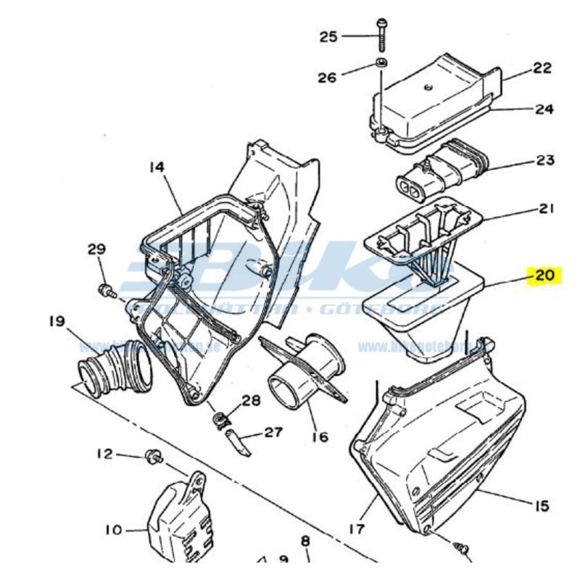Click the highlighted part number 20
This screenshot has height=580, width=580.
point(544,275)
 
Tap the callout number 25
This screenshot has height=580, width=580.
point(329,36)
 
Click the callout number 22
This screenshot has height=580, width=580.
point(542,69)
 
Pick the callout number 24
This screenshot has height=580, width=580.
point(544,110)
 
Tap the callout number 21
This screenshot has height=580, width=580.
point(545,209)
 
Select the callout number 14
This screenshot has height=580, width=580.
point(157,167)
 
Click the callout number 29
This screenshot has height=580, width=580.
point(97,249)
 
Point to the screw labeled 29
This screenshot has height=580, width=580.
point(106,291)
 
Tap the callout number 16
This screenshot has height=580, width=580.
point(319,436)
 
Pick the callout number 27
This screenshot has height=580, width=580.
point(273,433)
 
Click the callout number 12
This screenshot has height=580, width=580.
point(105,454)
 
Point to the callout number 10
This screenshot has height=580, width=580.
point(114,531)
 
